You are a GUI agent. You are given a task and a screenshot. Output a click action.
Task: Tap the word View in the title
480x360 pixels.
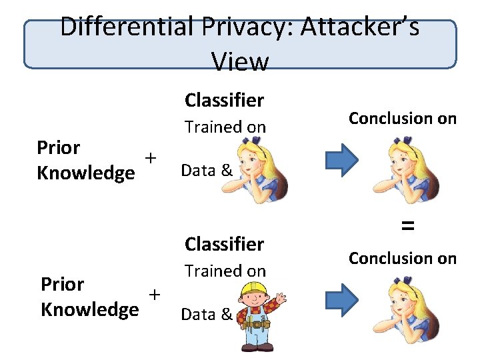(239, 62)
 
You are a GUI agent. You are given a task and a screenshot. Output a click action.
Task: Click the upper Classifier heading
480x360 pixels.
(224, 100)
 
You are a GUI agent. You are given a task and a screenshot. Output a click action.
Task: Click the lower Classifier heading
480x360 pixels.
(224, 244)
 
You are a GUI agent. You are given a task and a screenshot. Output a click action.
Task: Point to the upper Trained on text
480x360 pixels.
(225, 127)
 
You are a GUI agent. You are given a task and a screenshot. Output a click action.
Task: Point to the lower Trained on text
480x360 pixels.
(225, 271)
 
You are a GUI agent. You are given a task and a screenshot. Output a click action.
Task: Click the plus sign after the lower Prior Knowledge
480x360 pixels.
(155, 295)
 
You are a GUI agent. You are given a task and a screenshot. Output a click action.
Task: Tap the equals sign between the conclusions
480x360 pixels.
(407, 226)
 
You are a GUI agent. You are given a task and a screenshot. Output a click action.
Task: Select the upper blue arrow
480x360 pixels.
(342, 161)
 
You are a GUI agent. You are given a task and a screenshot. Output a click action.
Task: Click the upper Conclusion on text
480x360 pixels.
(403, 119)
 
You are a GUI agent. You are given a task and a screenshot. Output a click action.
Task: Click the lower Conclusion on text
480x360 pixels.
(403, 258)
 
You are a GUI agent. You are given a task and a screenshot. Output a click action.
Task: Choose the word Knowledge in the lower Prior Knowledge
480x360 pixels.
(90, 309)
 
